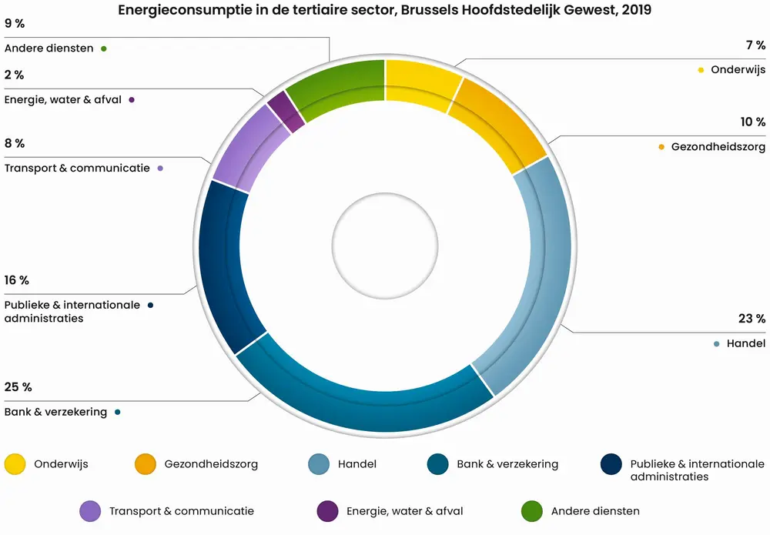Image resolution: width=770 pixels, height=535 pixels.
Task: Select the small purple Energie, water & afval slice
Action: click(284, 112)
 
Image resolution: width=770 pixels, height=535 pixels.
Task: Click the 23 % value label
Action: click(751, 319)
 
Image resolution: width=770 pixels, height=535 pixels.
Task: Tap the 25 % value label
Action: click(18, 387)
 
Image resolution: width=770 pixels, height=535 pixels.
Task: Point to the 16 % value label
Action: click(18, 280)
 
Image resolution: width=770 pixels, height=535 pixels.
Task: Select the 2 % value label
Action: click(14, 75)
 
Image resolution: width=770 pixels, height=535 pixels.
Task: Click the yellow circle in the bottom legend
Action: click(15, 464)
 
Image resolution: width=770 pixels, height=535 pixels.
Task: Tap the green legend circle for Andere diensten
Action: click(532, 511)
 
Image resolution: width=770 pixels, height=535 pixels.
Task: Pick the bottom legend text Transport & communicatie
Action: click(182, 511)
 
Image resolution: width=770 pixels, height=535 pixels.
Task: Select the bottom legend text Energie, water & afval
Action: click(405, 511)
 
